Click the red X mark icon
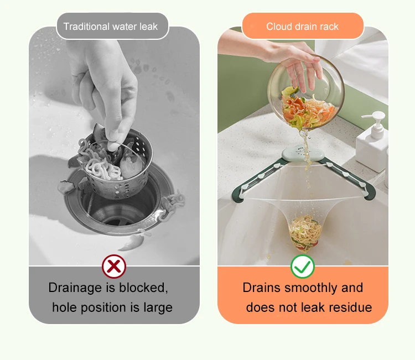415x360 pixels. pos(114,266)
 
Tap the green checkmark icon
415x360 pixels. pos(303,267)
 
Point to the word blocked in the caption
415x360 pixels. pos(143,288)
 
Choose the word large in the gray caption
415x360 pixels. pos(158,308)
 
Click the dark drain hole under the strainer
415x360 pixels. pos(119,211)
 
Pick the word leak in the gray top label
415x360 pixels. pos(148,27)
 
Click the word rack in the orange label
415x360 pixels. pos(329,27)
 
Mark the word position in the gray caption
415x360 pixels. pos(103,308)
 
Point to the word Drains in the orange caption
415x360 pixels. pos(261,288)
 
